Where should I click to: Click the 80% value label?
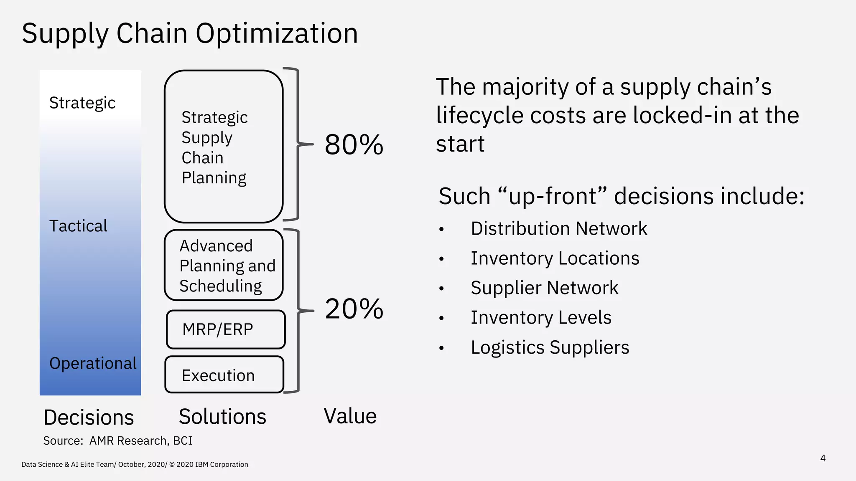(354, 145)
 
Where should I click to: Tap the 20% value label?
(354, 309)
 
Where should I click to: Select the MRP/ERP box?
(225, 329)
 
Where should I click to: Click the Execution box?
(224, 375)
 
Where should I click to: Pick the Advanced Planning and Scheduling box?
(224, 266)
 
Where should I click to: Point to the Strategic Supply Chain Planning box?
(223, 147)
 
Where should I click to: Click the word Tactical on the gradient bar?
(78, 226)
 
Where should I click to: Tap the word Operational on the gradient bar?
(93, 363)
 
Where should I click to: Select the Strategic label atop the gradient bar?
(82, 103)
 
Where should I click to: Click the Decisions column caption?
(89, 417)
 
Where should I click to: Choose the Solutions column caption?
(222, 416)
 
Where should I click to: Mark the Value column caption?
(350, 416)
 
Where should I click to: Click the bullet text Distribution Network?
(558, 229)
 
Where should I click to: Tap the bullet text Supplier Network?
(544, 288)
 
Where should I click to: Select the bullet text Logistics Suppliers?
(550, 347)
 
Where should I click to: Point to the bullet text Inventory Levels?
(541, 318)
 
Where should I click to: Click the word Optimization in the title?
(277, 33)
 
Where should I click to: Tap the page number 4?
(823, 458)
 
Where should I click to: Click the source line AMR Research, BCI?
(118, 440)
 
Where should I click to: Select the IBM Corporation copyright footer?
(135, 464)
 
